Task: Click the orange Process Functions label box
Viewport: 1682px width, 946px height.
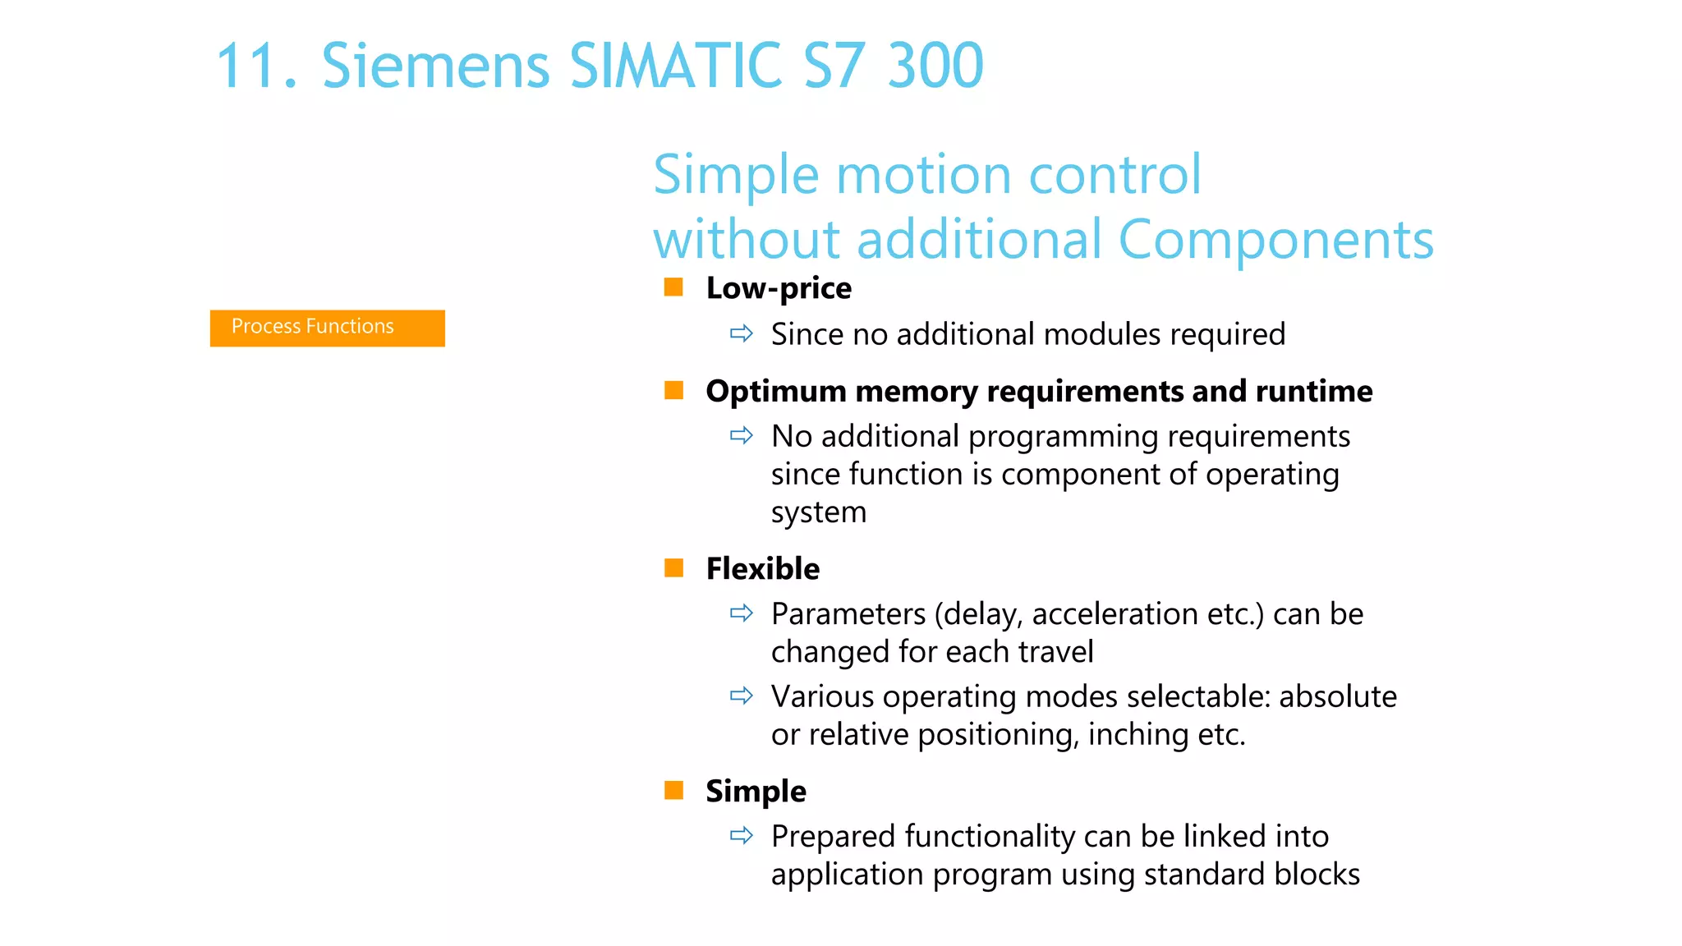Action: click(x=327, y=328)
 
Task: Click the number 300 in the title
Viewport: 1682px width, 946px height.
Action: click(x=935, y=66)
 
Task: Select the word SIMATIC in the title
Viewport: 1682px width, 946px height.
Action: click(x=675, y=66)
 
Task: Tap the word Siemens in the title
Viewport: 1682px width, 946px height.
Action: click(x=435, y=66)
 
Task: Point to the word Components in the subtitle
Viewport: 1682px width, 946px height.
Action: click(x=1275, y=240)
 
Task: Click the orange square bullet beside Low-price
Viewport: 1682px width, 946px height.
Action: click(x=673, y=287)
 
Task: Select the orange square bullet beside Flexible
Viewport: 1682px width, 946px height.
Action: click(x=673, y=567)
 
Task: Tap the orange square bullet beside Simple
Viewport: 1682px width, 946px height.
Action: click(x=673, y=790)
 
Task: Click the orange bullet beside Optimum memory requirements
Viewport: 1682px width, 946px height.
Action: click(x=673, y=390)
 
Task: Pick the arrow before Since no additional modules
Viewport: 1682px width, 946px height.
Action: click(x=741, y=333)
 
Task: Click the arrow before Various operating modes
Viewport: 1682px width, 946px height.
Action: click(x=741, y=696)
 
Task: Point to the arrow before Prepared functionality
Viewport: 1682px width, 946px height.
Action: click(x=741, y=836)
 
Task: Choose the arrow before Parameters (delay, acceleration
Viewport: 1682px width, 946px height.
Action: click(x=741, y=613)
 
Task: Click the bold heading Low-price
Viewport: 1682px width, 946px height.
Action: click(x=779, y=288)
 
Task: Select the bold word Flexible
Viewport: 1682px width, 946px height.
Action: click(x=762, y=568)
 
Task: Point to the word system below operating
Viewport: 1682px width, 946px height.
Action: click(x=818, y=512)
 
